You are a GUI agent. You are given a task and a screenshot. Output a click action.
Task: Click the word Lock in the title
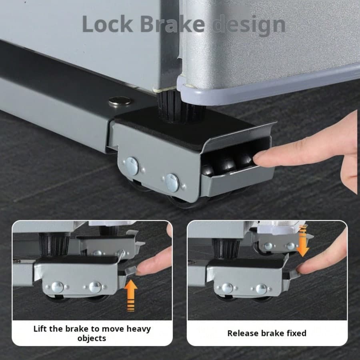(108, 24)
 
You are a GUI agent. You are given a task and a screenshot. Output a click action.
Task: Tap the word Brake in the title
(172, 24)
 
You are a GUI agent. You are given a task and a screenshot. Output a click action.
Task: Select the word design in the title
(249, 26)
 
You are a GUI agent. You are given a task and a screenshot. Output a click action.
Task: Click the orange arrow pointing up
(131, 295)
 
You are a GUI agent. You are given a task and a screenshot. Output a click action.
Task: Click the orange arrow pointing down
(303, 241)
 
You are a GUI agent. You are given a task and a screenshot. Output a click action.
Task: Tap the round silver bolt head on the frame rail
(120, 101)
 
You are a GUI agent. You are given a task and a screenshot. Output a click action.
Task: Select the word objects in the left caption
(92, 338)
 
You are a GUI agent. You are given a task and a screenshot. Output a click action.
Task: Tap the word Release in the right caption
(242, 333)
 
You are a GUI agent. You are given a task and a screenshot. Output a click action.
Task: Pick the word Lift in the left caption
(40, 329)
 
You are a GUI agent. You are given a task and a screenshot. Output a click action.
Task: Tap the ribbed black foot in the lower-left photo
(54, 244)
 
